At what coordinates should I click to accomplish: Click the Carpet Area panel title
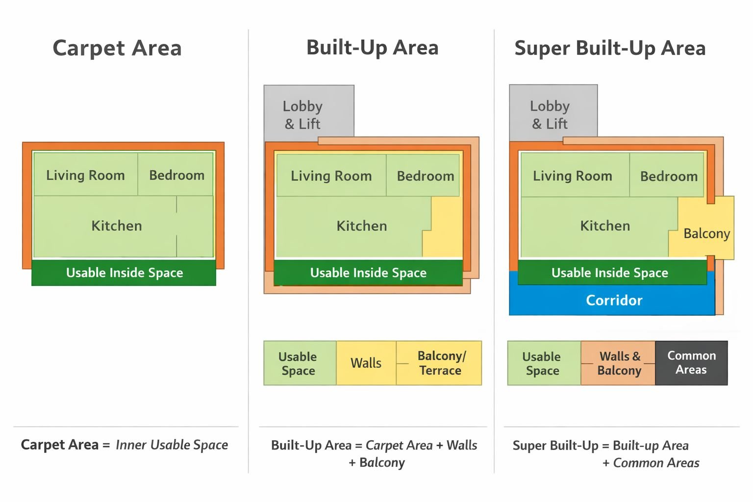(x=117, y=48)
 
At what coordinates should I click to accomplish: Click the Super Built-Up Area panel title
(x=610, y=48)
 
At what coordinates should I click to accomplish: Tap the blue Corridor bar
(x=614, y=300)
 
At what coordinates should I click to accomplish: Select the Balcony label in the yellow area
(x=706, y=233)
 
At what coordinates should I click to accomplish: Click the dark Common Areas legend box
(x=691, y=363)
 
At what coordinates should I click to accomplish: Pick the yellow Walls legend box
(x=366, y=363)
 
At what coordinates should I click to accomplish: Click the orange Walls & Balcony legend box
(x=619, y=363)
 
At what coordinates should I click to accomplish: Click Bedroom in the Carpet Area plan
(x=176, y=175)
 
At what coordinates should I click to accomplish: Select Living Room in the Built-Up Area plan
(x=331, y=176)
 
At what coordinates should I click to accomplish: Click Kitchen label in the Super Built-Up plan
(x=605, y=226)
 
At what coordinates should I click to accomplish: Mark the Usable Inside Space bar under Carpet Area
(x=124, y=273)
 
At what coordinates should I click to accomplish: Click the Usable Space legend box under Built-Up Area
(x=298, y=363)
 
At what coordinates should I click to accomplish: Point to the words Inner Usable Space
(x=172, y=445)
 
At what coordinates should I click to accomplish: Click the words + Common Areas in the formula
(x=651, y=463)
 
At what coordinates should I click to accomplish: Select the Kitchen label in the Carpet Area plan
(x=117, y=226)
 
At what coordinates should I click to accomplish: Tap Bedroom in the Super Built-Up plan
(x=669, y=176)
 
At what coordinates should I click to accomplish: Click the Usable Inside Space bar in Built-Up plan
(x=368, y=273)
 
